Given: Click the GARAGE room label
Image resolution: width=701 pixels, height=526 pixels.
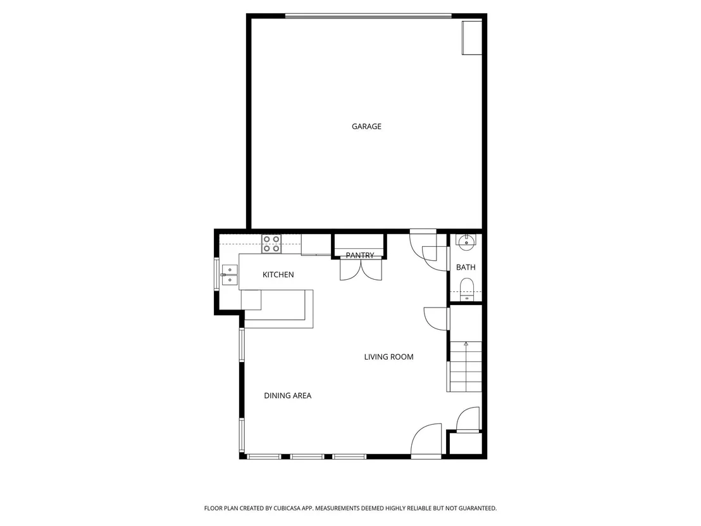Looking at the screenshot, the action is (366, 127).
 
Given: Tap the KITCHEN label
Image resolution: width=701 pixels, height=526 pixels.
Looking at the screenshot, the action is (278, 275).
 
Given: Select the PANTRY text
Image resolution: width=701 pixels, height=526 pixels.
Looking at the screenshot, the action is (360, 255).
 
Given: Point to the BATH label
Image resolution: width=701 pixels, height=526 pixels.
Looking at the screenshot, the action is (466, 268).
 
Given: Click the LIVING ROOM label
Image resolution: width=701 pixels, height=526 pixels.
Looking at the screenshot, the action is (388, 357).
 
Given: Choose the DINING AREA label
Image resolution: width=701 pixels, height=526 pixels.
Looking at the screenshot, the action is (287, 396).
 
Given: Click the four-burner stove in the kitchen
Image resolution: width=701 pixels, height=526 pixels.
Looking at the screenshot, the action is (271, 244).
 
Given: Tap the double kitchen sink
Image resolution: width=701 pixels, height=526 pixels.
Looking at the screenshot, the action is (230, 275).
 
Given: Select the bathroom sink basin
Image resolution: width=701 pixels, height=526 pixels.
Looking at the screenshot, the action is (466, 242).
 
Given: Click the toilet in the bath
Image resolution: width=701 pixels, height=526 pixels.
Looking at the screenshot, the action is (467, 287).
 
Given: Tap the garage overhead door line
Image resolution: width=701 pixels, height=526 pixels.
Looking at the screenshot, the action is (368, 16).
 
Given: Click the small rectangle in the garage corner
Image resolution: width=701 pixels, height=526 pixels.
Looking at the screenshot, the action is (471, 37).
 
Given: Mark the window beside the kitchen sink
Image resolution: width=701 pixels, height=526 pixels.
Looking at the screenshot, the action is (217, 275).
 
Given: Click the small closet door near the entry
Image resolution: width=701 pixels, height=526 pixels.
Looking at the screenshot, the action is (468, 420).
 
